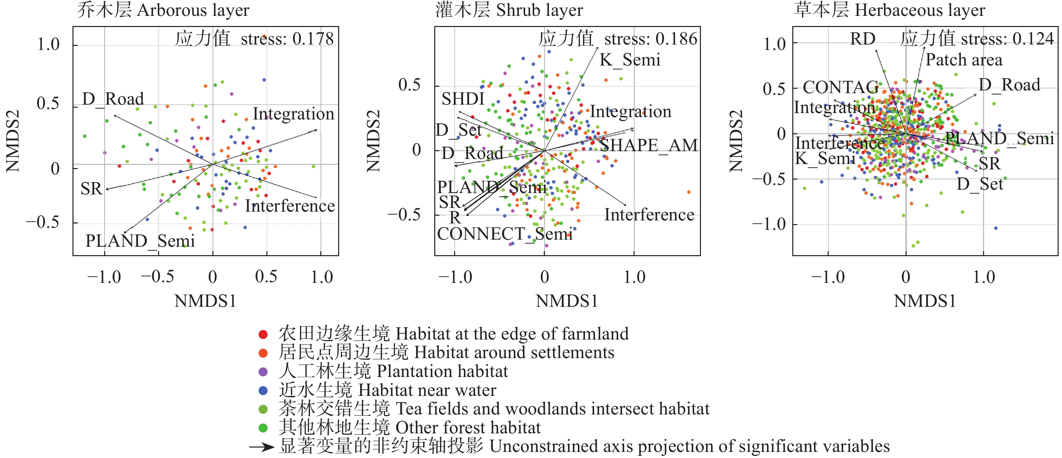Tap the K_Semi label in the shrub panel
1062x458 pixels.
click(629, 60)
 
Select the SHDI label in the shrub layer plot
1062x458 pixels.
click(463, 99)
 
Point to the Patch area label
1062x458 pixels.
click(964, 60)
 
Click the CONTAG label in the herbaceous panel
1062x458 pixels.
click(840, 87)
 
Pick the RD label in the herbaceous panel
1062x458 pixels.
click(862, 39)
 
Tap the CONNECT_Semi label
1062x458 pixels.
click(505, 234)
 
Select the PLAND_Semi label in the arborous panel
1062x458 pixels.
click(140, 241)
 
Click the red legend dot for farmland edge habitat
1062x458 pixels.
click(263, 334)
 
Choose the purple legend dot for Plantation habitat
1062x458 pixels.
click(263, 372)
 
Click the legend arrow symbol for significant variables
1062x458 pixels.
click(261, 447)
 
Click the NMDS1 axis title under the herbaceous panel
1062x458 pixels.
click(925, 301)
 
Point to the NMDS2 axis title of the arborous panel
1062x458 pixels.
click(12, 141)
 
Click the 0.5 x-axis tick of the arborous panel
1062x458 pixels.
click(266, 277)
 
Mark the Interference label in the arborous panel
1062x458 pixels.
click(290, 206)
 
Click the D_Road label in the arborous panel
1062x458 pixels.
click(113, 99)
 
